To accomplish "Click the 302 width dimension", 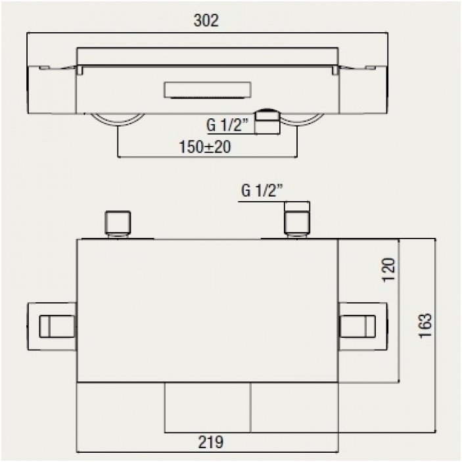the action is [x=206, y=20].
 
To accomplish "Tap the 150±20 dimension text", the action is [x=205, y=147].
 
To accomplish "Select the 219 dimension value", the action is [x=211, y=442].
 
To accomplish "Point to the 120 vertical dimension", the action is [x=388, y=269].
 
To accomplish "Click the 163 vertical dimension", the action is [x=425, y=325].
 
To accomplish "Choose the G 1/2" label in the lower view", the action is [x=262, y=191].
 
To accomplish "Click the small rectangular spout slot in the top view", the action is [x=208, y=89].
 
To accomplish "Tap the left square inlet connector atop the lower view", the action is [x=118, y=223].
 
